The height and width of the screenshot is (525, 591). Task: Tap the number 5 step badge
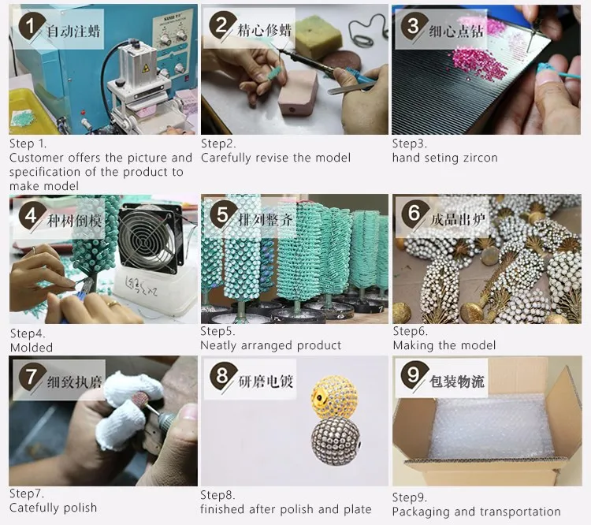pyautogui.click(x=223, y=214)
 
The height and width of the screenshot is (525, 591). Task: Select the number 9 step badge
pyautogui.click(x=414, y=375)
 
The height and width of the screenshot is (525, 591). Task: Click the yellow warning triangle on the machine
pyautogui.click(x=145, y=69)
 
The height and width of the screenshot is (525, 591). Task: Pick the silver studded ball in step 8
pyautogui.click(x=336, y=441)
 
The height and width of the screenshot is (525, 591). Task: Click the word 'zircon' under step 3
pyautogui.click(x=480, y=158)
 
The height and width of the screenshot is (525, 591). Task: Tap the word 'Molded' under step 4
pyautogui.click(x=32, y=348)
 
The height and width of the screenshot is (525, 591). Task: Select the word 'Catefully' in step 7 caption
pyautogui.click(x=34, y=508)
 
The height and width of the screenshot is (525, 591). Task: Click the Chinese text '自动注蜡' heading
pyautogui.click(x=73, y=31)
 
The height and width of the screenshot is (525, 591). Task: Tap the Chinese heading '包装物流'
pyautogui.click(x=456, y=382)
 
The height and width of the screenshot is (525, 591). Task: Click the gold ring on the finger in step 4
pyautogui.click(x=113, y=304)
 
